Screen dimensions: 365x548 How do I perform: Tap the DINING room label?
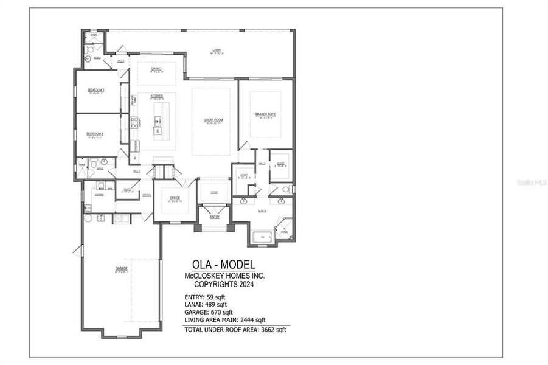pos(156,69)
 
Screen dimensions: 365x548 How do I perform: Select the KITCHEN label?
pos(157,96)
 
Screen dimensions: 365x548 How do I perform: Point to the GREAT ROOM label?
pos(213,120)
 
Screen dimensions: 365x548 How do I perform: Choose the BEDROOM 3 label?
pos(95,90)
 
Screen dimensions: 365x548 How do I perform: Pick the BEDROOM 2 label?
pos(95,134)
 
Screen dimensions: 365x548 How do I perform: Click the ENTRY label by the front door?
pos(215,217)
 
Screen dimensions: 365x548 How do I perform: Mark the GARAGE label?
pos(122,268)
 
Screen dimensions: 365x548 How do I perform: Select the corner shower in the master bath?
pos(284,229)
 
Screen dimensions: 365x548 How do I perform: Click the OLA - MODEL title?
pos(223,265)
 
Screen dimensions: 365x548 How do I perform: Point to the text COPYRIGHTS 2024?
pos(224,284)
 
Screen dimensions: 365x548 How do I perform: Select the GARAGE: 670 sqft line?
pos(209,312)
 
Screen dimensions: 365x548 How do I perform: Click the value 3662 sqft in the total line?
pos(272,330)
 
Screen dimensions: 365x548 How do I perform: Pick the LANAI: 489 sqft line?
pos(206,304)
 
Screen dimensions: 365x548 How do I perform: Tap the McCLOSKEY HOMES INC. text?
pos(224,276)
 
